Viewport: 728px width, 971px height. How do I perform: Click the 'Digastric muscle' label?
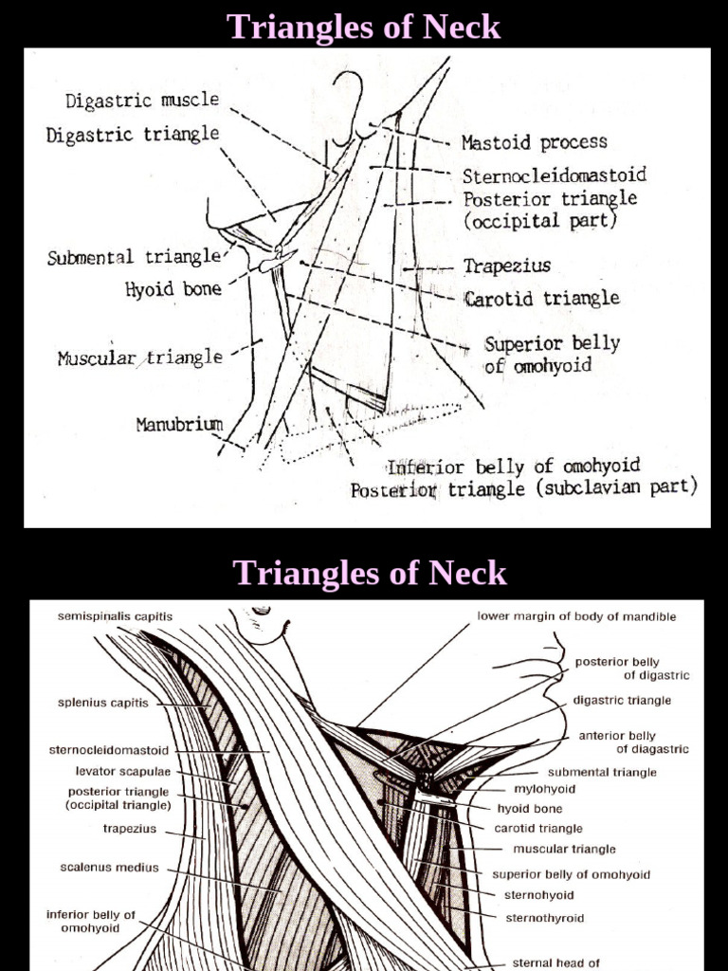(x=142, y=101)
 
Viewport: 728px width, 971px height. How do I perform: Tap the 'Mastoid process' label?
(x=534, y=143)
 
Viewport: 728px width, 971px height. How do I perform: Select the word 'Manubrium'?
(x=179, y=424)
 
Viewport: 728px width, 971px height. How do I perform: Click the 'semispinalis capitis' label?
(x=116, y=616)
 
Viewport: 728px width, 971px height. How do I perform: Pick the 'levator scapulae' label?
(x=123, y=772)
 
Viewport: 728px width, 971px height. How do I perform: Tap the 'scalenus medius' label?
(x=110, y=867)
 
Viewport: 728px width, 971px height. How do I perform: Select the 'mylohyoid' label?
(x=544, y=789)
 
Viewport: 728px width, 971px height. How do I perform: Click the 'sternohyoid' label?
(x=539, y=895)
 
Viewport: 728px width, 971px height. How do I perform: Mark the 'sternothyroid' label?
(x=544, y=918)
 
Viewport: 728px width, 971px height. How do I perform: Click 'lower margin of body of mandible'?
(x=576, y=616)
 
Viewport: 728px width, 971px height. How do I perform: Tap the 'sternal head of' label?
(x=556, y=963)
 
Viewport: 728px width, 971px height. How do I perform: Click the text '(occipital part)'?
(x=540, y=220)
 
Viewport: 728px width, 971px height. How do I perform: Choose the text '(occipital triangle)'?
(x=118, y=805)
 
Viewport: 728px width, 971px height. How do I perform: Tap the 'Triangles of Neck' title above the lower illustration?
(x=370, y=573)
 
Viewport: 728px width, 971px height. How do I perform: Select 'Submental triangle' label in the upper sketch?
(x=134, y=258)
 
